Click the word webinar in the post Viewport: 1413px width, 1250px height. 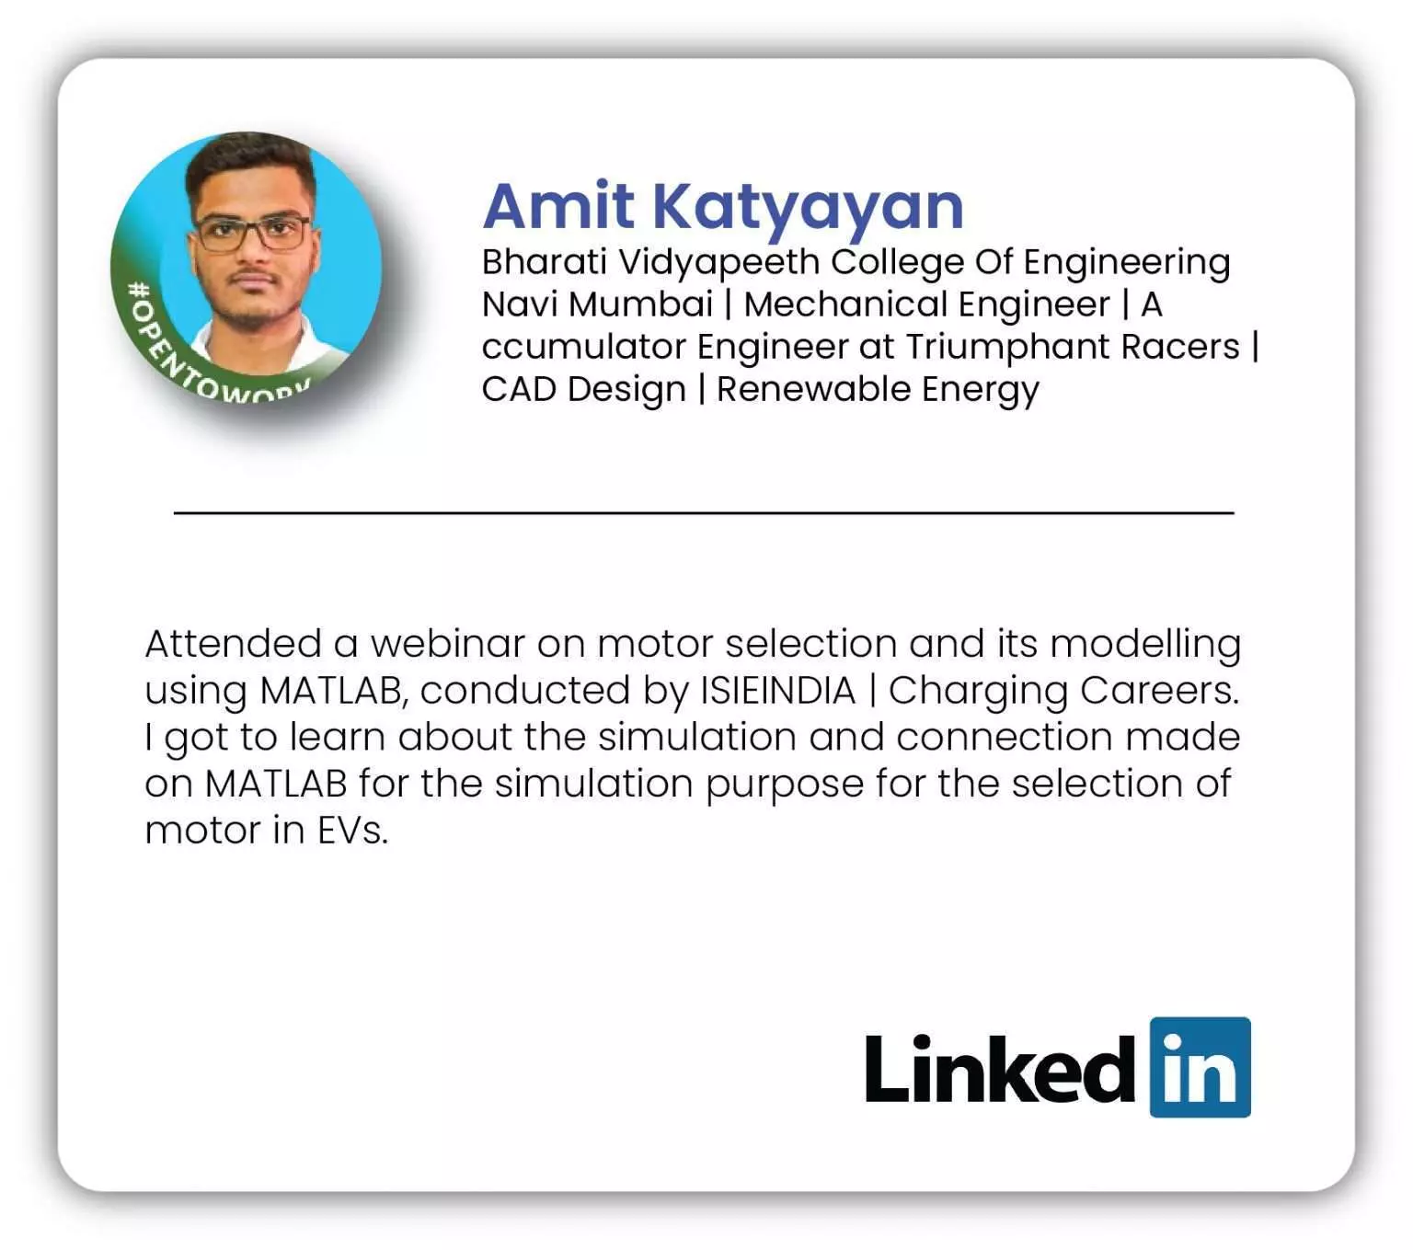(447, 643)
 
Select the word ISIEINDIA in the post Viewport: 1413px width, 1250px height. (777, 691)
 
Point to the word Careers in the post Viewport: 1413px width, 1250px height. (1158, 691)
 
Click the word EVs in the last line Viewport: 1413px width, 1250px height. (352, 831)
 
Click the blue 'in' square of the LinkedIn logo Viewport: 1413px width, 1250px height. (1200, 1067)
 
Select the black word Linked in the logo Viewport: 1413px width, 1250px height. (1000, 1070)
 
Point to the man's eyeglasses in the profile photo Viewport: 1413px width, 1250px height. (252, 233)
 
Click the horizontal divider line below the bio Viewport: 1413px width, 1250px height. (704, 512)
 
